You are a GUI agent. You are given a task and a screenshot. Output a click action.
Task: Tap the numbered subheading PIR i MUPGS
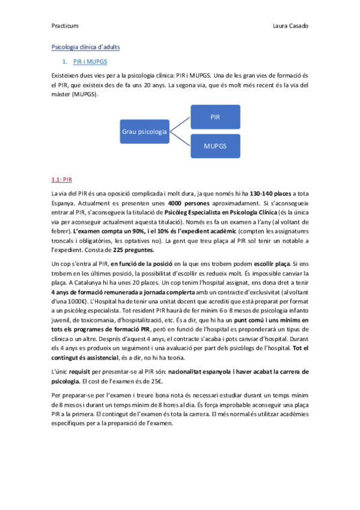point(91,62)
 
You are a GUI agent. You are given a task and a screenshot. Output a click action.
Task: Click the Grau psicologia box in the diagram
point(144,131)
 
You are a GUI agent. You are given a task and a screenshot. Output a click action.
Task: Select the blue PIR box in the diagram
point(215,116)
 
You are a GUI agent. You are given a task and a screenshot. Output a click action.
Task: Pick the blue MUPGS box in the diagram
point(215,146)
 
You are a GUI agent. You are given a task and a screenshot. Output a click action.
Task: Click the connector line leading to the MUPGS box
point(180,138)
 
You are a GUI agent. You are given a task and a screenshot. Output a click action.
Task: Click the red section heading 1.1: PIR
point(62,180)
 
